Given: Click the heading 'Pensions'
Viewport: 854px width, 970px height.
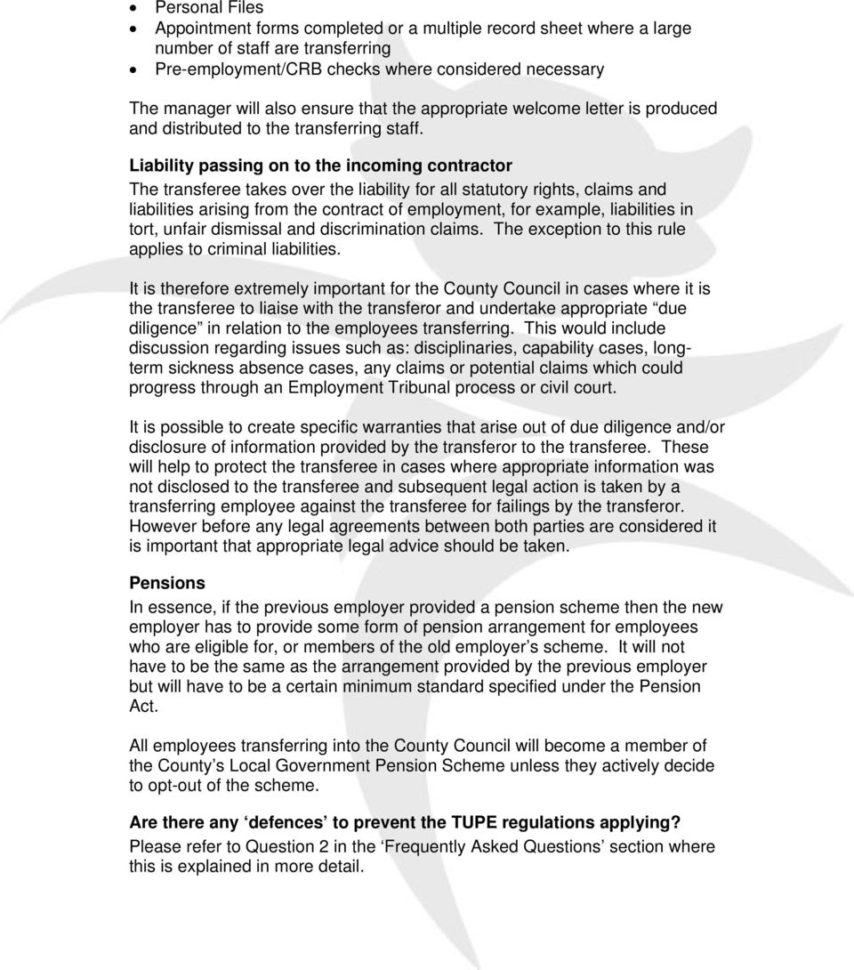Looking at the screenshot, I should (167, 581).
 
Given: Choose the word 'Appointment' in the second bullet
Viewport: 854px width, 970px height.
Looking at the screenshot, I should (201, 28).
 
